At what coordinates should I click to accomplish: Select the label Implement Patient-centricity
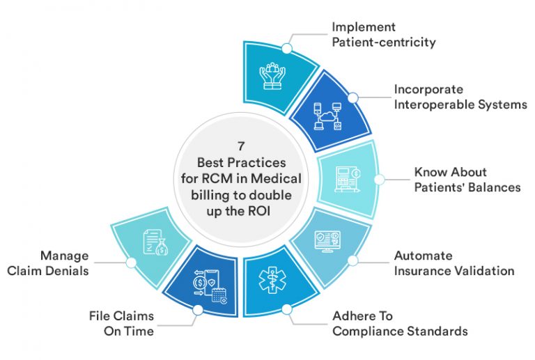(x=383, y=35)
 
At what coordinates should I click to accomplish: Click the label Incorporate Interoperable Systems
(x=460, y=97)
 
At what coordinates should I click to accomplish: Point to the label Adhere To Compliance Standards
(x=400, y=324)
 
